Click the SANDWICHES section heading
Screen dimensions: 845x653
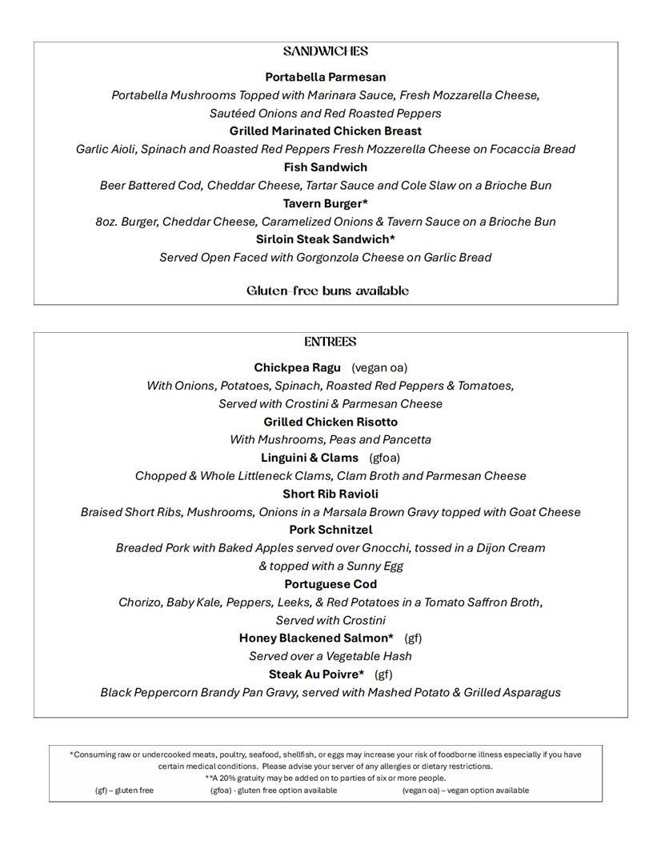coord(326,51)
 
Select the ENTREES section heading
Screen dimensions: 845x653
coord(330,342)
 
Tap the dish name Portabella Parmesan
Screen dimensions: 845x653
coord(326,77)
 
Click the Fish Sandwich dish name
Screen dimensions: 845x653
coord(326,167)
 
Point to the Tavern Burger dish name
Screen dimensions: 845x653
coord(325,203)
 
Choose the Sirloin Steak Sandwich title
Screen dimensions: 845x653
coord(326,239)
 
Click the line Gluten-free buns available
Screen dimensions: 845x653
coord(327,290)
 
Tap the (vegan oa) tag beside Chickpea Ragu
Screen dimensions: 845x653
coord(379,367)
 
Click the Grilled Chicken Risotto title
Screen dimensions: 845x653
coord(331,422)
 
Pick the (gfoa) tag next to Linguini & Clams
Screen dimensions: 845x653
coord(384,458)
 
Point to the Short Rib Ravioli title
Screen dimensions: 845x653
coord(331,494)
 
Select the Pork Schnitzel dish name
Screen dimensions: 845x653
coord(331,530)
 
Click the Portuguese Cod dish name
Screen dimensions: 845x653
coord(331,584)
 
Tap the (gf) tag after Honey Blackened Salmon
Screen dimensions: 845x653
coord(413,638)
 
